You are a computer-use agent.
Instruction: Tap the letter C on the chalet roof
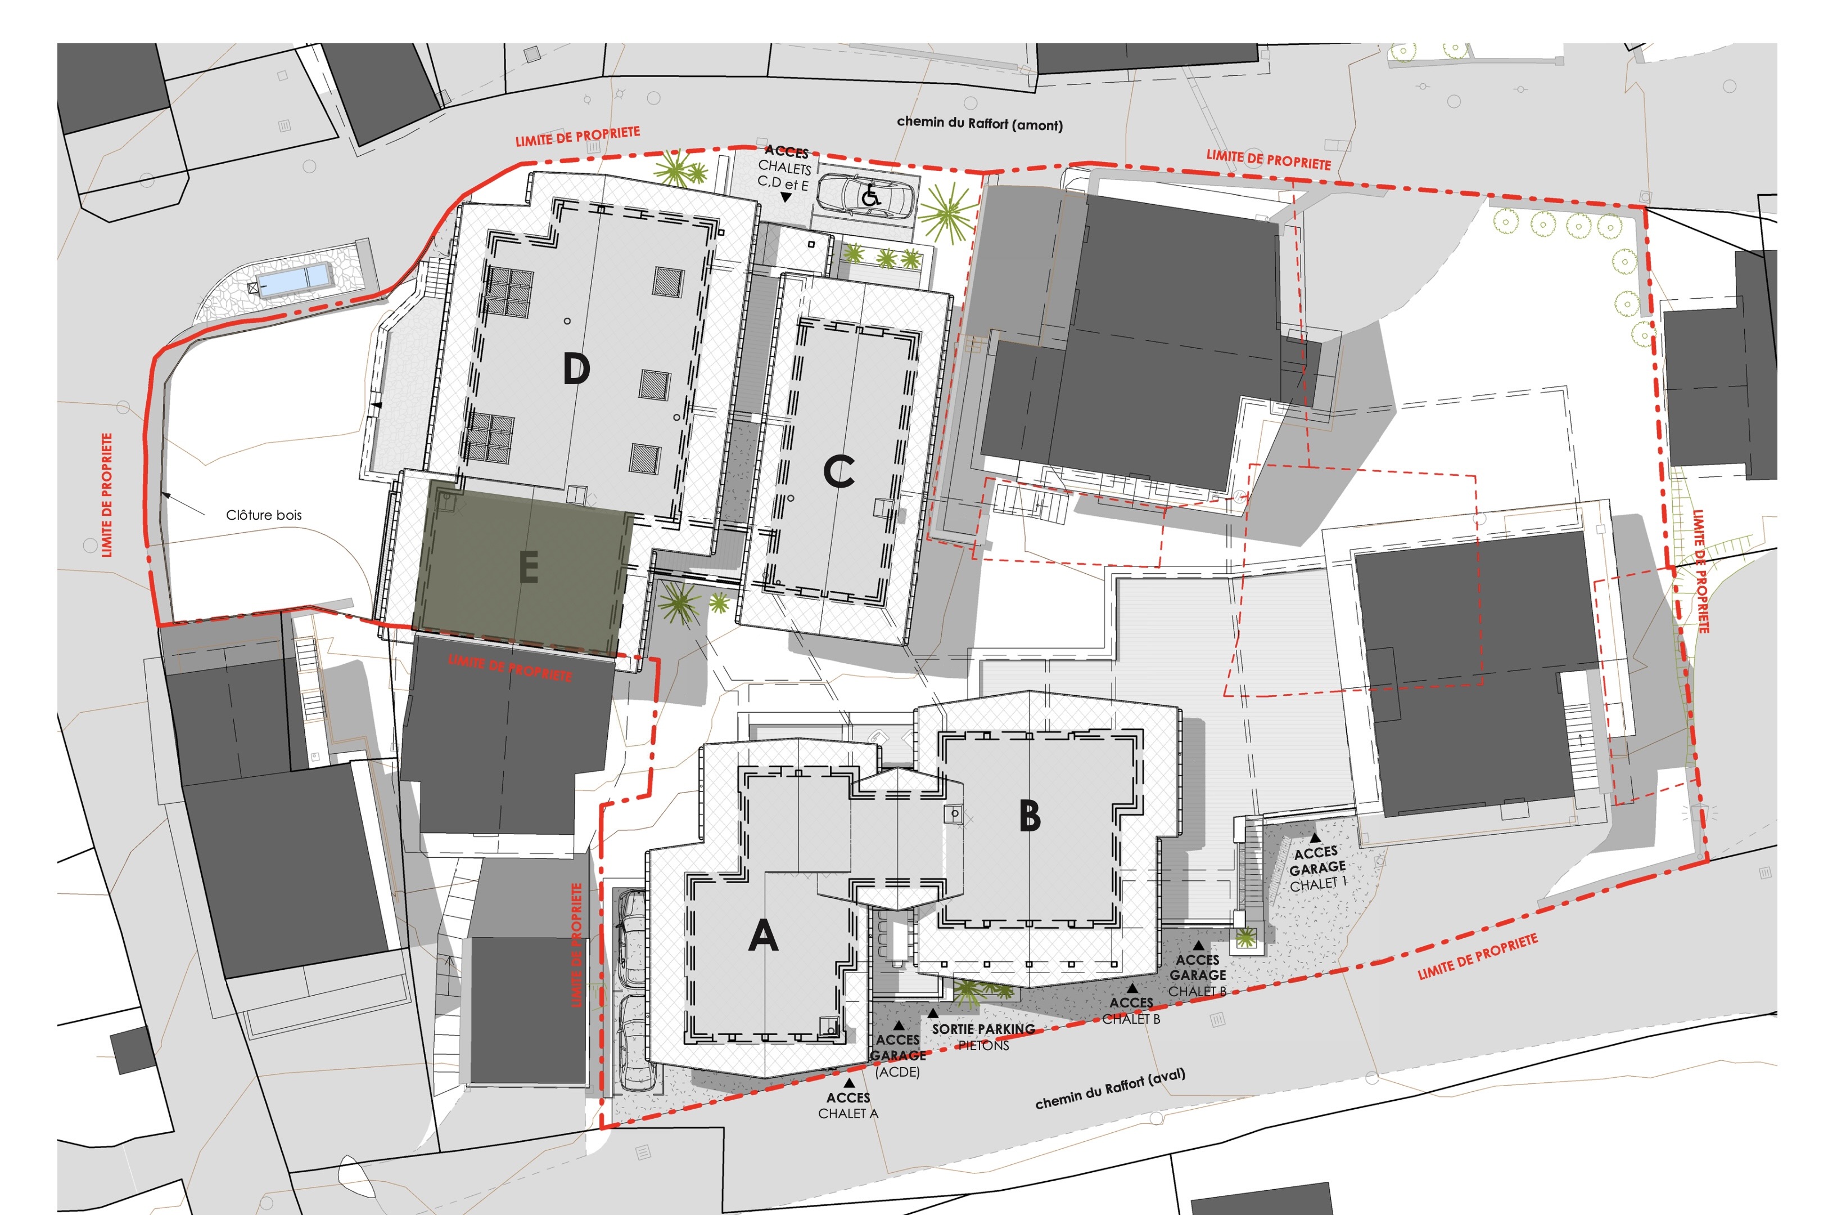839,471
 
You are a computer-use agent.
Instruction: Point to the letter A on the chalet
763,935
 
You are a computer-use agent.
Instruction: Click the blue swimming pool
294,279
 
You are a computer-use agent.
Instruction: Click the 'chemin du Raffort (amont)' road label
980,123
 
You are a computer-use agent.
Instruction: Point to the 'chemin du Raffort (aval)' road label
1110,1088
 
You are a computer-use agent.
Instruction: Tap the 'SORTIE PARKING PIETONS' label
983,1037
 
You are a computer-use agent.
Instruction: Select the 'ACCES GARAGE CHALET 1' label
1317,868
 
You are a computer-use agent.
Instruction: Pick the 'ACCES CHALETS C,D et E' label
784,168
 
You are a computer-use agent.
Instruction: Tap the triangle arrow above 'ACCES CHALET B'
1132,988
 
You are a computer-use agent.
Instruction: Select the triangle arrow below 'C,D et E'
786,197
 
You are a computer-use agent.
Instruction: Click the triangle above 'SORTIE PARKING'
933,1012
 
